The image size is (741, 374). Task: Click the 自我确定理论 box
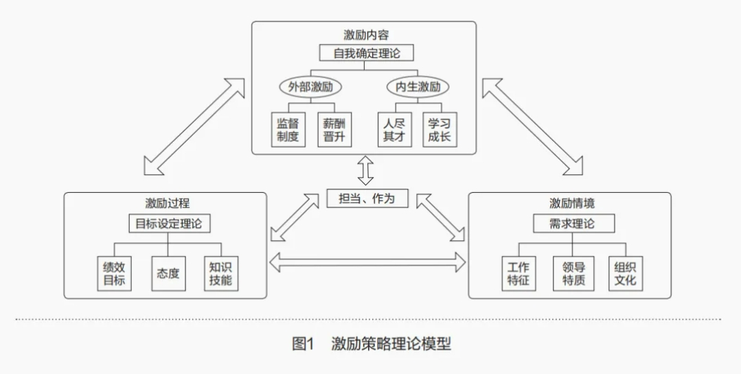(x=367, y=53)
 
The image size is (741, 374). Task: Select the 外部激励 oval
(x=310, y=87)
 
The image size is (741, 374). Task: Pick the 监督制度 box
(x=288, y=130)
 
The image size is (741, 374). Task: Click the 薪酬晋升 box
(x=334, y=130)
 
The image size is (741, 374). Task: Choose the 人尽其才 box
(x=394, y=130)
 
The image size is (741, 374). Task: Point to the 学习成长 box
(x=440, y=130)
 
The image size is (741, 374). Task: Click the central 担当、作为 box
(x=367, y=198)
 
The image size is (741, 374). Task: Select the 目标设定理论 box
(x=169, y=224)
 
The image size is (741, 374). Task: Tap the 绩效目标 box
(x=114, y=273)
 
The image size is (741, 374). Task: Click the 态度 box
(x=168, y=273)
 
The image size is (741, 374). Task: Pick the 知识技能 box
(x=220, y=273)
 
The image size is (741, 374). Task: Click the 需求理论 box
(x=573, y=224)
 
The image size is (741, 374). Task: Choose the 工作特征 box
(x=518, y=273)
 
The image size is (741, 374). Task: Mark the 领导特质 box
(x=572, y=273)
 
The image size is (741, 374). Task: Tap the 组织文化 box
(x=626, y=273)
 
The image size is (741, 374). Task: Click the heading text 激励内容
(x=367, y=34)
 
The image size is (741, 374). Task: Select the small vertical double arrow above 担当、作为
(x=366, y=171)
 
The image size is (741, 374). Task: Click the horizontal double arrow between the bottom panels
(x=367, y=261)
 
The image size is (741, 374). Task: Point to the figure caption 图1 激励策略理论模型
(x=372, y=344)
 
